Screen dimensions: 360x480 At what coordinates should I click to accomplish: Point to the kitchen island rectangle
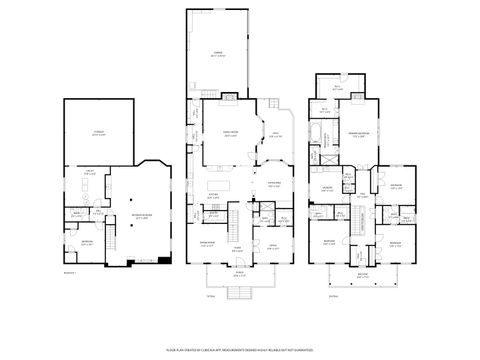216,189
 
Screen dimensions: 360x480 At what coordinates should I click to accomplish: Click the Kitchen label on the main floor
213,197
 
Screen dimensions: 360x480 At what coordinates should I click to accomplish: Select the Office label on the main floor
271,247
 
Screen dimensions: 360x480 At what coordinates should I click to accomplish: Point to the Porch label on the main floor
239,271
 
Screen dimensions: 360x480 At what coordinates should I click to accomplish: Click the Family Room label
230,136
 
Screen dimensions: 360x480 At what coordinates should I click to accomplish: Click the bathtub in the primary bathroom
317,133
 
